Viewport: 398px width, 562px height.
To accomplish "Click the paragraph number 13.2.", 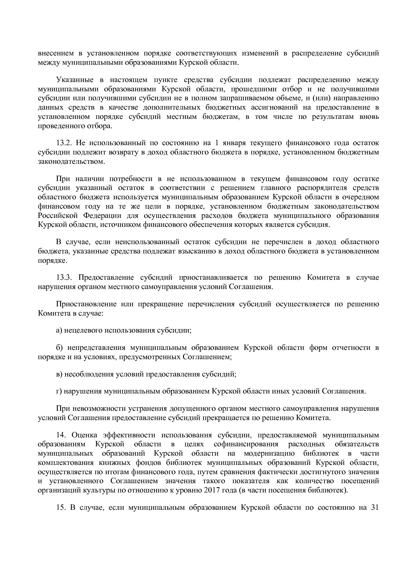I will (64, 143).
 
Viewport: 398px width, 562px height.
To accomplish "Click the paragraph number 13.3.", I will (64, 277).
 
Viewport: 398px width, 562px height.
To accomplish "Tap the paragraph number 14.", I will (62, 435).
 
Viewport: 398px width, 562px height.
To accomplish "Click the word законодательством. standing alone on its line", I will (71, 162).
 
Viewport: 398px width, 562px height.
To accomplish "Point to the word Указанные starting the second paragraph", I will (74, 80).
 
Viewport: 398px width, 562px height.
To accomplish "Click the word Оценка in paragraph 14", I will (85, 435).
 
